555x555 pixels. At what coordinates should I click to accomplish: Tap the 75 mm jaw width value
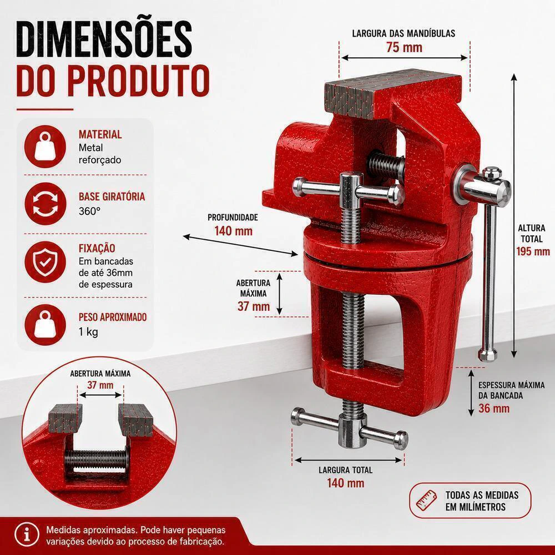coord(404,47)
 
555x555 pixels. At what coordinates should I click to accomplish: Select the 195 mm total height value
coord(533,251)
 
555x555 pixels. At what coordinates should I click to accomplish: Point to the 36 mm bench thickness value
coord(494,408)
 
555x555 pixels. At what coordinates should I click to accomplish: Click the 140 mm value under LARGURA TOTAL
coord(345,483)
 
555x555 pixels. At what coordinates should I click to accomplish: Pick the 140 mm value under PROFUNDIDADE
coord(233,231)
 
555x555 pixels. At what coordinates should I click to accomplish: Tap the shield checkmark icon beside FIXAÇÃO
coord(45,262)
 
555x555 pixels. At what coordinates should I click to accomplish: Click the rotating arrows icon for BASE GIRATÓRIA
coord(46,204)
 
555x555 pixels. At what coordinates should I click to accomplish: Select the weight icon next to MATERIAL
coord(45,146)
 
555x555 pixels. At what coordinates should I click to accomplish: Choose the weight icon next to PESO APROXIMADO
coord(45,325)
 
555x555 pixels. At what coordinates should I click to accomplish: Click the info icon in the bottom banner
coord(27,534)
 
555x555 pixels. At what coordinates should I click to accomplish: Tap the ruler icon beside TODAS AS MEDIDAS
coord(426,501)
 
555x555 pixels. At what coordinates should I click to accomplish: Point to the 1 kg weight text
coord(88,332)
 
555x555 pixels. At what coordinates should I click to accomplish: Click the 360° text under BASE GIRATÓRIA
coord(89,211)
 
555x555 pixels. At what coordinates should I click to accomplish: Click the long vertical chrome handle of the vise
coord(489,276)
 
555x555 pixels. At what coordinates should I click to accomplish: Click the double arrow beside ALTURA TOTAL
coord(514,216)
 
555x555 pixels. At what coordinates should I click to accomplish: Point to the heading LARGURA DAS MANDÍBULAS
coord(403,34)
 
